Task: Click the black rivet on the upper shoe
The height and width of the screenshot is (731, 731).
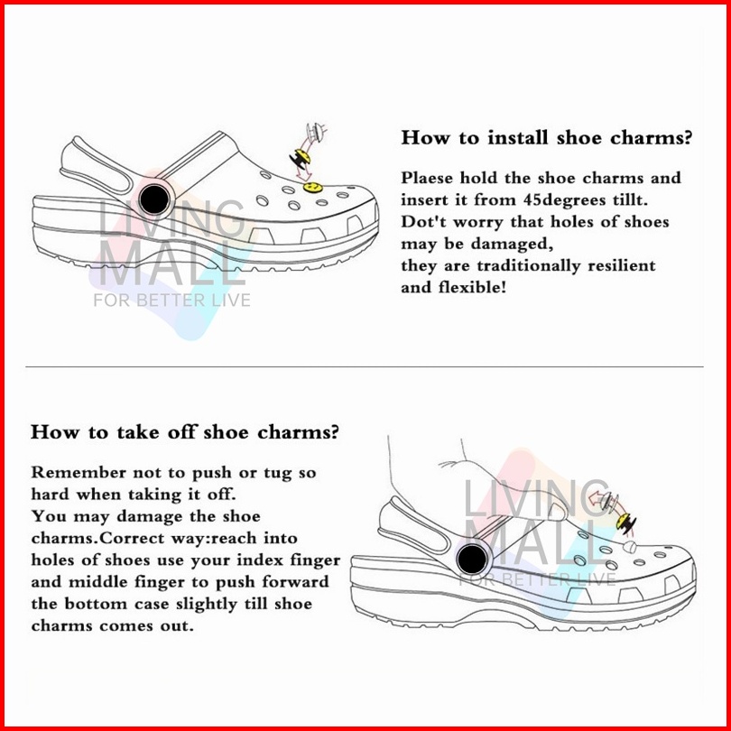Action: click(154, 199)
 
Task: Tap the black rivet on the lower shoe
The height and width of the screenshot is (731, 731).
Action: click(472, 560)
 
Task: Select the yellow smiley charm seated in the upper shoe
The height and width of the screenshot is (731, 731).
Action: click(312, 188)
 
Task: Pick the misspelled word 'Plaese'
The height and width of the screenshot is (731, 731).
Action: click(427, 178)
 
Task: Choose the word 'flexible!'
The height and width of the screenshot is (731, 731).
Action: click(472, 287)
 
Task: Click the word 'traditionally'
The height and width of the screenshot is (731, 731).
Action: click(529, 265)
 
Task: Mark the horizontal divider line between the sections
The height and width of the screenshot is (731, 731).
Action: click(365, 367)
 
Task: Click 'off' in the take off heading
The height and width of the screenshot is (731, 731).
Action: click(182, 431)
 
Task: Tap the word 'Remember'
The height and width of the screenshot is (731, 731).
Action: click(79, 472)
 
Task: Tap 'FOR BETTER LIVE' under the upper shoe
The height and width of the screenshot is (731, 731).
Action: click(172, 300)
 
